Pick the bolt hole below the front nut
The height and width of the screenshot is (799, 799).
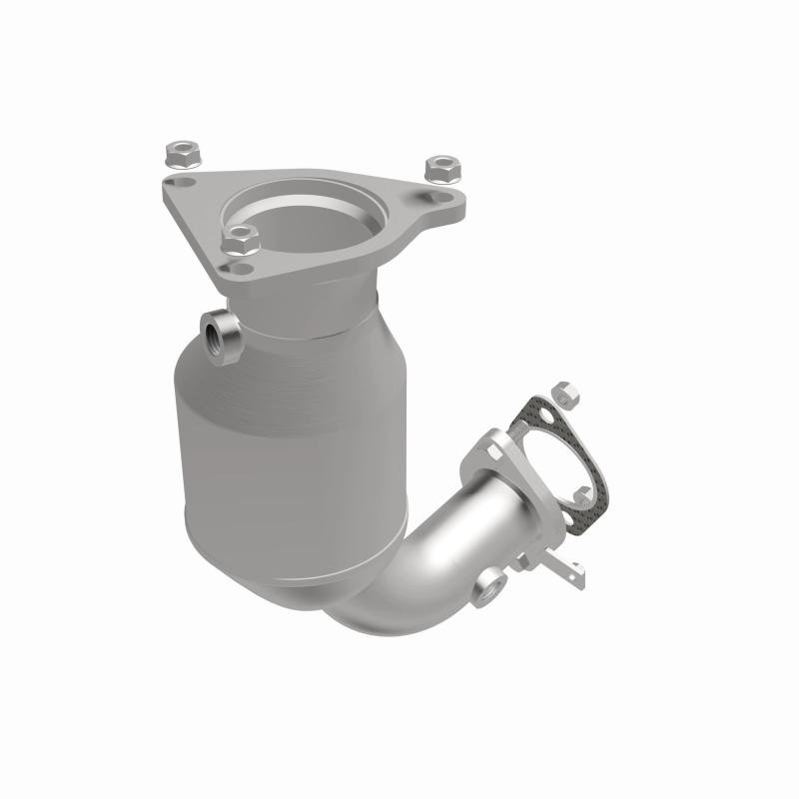coord(241,269)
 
